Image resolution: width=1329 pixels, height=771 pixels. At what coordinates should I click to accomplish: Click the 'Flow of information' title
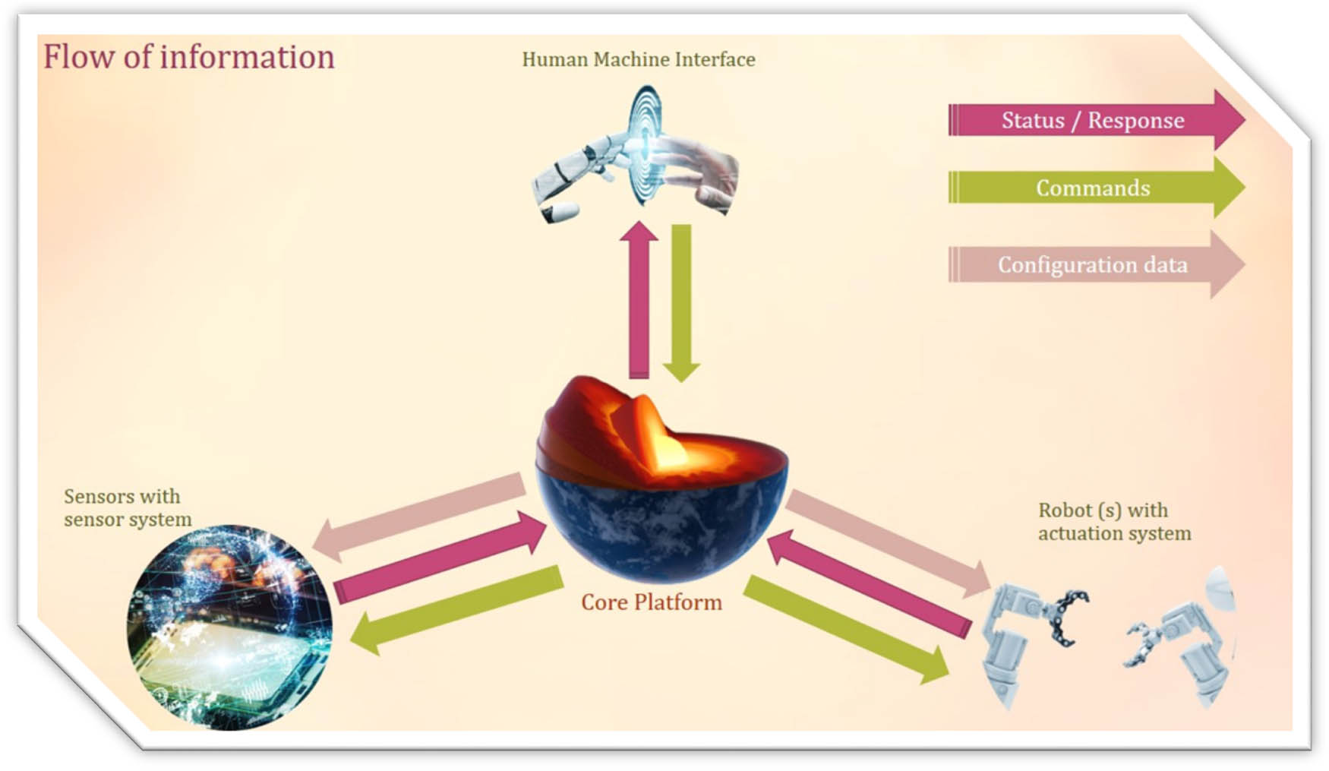188,57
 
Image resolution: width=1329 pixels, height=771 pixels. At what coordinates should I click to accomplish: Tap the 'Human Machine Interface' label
639,59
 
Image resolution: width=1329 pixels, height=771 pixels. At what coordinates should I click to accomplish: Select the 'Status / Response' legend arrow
1097,120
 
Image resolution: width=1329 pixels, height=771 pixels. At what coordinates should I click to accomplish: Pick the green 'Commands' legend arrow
1097,188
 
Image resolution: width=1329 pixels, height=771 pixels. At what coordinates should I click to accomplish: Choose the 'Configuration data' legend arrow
1097,264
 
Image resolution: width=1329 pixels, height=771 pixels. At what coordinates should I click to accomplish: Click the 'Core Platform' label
652,602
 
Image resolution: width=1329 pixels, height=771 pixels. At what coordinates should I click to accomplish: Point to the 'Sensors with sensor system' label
128,507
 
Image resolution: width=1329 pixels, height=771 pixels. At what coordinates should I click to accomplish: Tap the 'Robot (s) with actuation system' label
1114,521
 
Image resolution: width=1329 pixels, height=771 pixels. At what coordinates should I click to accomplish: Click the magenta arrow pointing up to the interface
639,299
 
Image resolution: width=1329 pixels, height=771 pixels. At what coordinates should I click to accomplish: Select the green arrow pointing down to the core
681,303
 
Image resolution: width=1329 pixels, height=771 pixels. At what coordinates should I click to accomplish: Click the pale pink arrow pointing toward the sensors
418,517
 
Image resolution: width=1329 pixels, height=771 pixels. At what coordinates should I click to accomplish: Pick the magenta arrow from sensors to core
440,558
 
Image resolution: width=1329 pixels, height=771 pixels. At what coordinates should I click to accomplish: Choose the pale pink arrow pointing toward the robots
888,543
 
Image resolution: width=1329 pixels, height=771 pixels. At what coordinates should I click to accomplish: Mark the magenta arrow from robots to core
870,583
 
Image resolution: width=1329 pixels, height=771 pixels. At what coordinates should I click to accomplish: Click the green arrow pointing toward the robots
846,630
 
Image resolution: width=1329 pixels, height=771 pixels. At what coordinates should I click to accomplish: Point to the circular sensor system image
229,627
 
